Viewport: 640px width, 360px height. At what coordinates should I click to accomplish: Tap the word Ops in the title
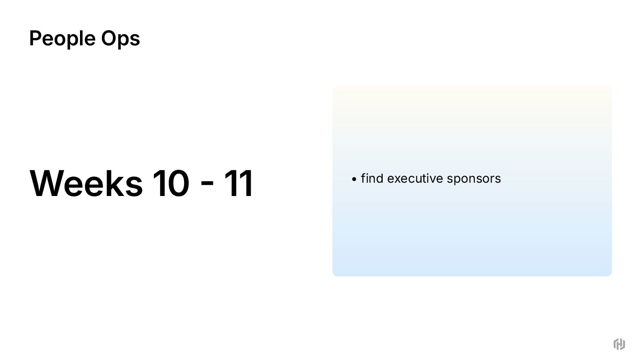(x=120, y=38)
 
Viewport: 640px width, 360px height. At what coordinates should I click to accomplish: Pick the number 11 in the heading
(x=238, y=183)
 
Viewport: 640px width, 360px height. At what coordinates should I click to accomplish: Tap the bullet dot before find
(x=354, y=179)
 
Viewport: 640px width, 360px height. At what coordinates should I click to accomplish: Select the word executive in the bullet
(x=415, y=178)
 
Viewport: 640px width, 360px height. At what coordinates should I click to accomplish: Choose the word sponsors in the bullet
(x=474, y=178)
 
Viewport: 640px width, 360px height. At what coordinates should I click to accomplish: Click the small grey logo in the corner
(x=619, y=344)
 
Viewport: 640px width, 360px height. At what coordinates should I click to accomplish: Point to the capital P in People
(x=35, y=38)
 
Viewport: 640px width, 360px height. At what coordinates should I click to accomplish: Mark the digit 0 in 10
(x=178, y=183)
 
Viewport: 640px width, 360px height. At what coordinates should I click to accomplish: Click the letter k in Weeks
(x=114, y=183)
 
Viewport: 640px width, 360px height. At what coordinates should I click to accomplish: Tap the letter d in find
(x=380, y=178)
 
